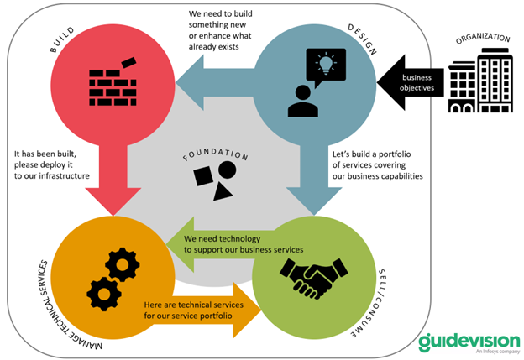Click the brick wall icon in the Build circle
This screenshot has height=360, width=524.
tap(113, 82)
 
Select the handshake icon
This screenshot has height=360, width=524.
tap(314, 279)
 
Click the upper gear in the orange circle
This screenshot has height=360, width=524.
tap(123, 264)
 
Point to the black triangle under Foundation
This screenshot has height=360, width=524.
tap(222, 193)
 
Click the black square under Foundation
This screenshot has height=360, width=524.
tap(203, 176)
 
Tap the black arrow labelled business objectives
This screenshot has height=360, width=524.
tap(411, 82)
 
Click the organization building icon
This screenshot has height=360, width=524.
tap(480, 81)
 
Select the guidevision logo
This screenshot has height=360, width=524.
tap(469, 342)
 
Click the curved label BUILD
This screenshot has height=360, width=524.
tap(62, 39)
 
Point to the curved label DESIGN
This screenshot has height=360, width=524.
tap(363, 39)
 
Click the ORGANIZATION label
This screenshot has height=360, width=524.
tap(483, 38)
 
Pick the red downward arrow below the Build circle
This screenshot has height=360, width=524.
tap(113, 180)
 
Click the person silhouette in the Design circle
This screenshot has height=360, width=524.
tap(303, 101)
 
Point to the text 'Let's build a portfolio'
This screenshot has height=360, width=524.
tap(371, 154)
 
